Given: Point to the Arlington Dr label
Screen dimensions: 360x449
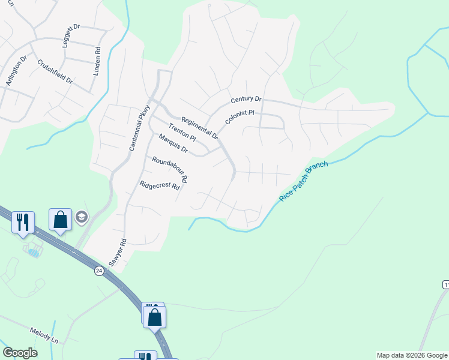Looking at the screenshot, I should click(16, 72).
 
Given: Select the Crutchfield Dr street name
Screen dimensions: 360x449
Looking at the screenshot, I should click(55, 71).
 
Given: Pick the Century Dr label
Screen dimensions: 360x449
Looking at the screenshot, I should click(246, 99).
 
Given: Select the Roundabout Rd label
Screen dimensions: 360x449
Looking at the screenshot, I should click(170, 169).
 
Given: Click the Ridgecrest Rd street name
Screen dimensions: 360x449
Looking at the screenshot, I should click(160, 186).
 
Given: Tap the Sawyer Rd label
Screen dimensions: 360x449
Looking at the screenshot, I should click(118, 253).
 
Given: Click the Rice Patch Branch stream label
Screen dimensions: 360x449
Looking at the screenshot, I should click(304, 181).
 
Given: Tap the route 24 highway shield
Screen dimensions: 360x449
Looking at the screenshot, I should click(98, 271).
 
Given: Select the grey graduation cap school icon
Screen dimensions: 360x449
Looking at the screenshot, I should click(82, 217).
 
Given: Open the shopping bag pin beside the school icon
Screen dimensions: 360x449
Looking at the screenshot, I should click(61, 220).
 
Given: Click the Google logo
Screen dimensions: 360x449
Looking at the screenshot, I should click(20, 353).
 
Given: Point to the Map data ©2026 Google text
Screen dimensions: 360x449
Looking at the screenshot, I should click(412, 355).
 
